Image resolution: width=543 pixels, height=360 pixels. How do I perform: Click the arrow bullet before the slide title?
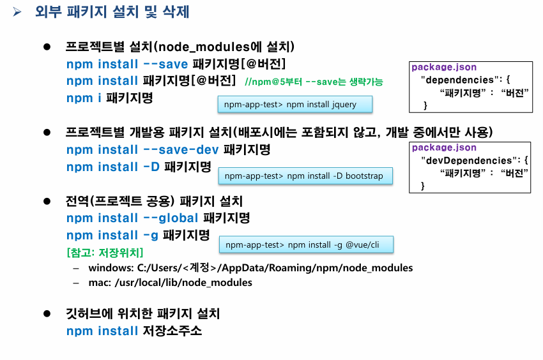pos(18,12)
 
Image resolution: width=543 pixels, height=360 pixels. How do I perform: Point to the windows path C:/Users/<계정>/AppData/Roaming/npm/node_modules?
pos(250,268)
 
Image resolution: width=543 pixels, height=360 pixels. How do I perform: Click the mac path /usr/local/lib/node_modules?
pos(171,283)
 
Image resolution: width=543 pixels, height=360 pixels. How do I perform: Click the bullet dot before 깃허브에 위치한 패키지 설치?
pos(46,314)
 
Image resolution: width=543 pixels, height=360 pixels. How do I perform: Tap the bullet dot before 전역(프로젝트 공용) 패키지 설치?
pos(46,201)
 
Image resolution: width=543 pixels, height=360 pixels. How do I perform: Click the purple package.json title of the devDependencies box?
pos(443,148)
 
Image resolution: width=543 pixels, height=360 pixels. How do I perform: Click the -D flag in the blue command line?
pos(151,167)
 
